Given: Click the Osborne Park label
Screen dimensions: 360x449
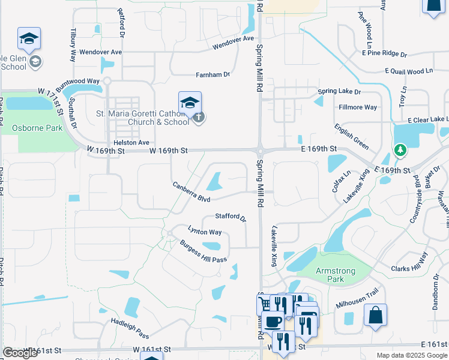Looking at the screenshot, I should pyautogui.click(x=38, y=127).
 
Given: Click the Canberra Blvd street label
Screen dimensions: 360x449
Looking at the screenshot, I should pyautogui.click(x=191, y=192).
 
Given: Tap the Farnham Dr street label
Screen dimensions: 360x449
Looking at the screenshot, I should pyautogui.click(x=213, y=75).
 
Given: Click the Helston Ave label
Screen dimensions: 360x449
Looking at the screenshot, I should pyautogui.click(x=131, y=142).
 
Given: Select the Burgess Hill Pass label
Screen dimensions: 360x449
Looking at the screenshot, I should pyautogui.click(x=203, y=251).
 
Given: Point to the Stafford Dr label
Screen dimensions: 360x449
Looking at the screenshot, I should pyautogui.click(x=231, y=217).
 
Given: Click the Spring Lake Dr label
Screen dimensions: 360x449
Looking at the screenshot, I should pyautogui.click(x=339, y=92).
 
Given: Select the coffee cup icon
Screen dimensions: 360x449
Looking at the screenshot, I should pyautogui.click(x=273, y=322).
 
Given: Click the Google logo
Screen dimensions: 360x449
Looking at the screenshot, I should pyautogui.click(x=20, y=353).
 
